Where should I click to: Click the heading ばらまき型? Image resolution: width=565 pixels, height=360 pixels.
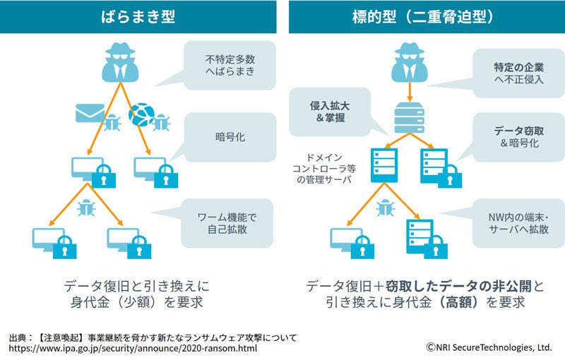tap(138, 16)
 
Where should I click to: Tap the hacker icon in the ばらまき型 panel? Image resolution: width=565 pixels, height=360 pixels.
tap(121, 62)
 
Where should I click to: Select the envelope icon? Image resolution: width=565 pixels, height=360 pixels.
tap(90, 112)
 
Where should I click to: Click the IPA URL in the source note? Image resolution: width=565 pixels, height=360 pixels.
tap(133, 349)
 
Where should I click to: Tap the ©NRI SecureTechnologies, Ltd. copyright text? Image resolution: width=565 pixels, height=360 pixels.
tap(488, 348)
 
